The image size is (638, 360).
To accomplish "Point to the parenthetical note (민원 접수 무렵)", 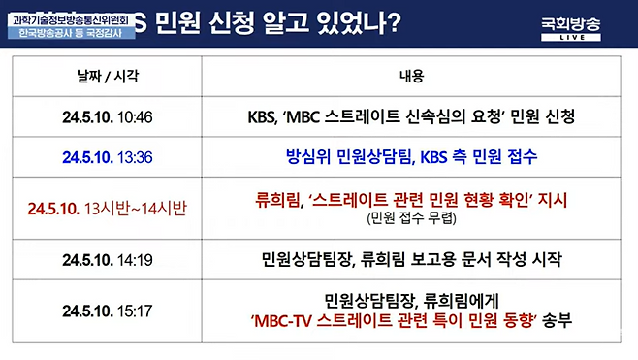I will click(x=411, y=218).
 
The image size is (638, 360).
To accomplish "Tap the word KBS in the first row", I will click(x=266, y=117).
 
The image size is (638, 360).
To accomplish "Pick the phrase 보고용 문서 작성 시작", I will click(x=490, y=260).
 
